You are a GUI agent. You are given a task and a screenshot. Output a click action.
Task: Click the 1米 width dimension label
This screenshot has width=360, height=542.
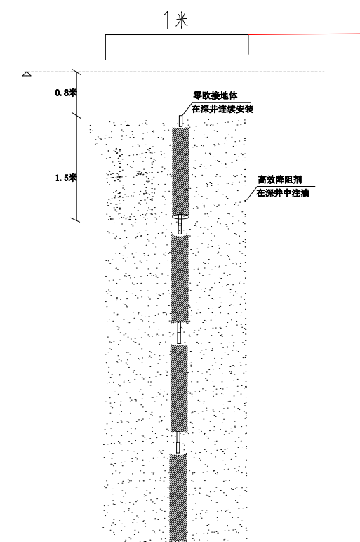pos(176,20)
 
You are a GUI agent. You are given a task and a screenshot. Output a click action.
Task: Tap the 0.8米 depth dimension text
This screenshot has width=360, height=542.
pos(66,93)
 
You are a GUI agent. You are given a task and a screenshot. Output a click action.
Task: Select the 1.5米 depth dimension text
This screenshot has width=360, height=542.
pos(66,178)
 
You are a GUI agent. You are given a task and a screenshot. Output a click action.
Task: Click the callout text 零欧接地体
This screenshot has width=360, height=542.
pos(215,95)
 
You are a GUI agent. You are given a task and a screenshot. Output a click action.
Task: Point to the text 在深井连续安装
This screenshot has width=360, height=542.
pos(222,109)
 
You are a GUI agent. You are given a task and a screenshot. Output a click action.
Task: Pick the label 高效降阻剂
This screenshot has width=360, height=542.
pos(280,180)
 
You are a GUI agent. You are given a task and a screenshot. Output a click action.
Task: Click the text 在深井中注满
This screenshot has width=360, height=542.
pos(283,193)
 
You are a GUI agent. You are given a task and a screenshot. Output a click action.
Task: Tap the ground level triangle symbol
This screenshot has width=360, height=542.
pos(27,74)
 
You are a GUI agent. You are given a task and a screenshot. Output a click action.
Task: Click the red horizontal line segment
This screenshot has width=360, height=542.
pos(304,34)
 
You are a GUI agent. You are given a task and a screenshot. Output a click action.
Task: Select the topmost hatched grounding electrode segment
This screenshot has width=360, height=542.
pos(180,172)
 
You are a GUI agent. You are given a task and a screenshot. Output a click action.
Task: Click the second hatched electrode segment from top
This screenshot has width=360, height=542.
pos(180,279)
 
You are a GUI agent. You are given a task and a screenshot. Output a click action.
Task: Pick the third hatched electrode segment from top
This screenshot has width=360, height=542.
pos(179,388)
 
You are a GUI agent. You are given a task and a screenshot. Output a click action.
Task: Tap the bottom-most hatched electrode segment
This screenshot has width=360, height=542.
pos(178,498)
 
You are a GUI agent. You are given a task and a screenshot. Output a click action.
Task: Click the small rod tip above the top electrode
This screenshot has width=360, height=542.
pos(180,121)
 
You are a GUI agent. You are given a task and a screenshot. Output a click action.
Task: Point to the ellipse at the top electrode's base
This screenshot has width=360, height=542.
pos(180,217)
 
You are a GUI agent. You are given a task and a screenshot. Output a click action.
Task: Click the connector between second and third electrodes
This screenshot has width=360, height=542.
pos(179,333)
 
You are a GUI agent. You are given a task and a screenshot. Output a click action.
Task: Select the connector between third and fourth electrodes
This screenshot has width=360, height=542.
pos(178,442)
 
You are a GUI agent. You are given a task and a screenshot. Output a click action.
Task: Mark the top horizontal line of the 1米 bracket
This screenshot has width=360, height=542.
pos(177,34)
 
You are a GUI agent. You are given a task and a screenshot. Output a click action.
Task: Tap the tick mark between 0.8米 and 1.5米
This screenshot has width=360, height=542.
pos(76,115)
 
